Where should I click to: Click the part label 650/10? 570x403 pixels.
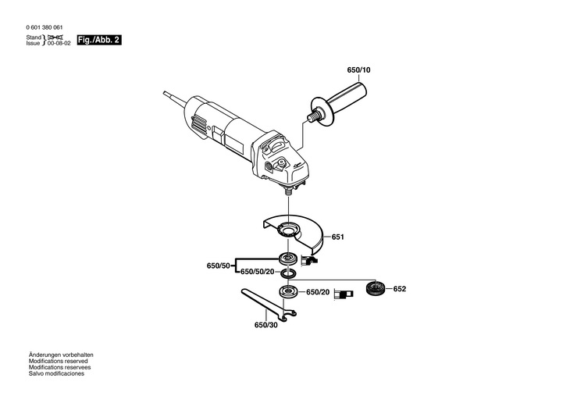click(x=358, y=70)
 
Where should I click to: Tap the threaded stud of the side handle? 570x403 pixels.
click(x=312, y=117)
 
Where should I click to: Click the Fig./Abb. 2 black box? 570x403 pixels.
click(x=99, y=40)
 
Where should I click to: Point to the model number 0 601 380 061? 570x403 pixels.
click(x=45, y=27)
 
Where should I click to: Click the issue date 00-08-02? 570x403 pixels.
click(x=59, y=43)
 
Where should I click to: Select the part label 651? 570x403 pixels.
click(x=338, y=237)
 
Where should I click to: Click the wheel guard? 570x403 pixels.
click(x=294, y=233)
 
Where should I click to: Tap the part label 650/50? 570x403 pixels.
click(x=218, y=266)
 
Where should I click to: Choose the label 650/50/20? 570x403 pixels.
click(x=258, y=272)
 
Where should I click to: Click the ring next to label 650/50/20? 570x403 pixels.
click(x=289, y=273)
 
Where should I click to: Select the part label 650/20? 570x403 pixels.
click(x=318, y=291)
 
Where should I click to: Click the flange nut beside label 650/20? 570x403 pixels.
click(x=289, y=291)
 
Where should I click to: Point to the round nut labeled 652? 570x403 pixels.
click(x=375, y=289)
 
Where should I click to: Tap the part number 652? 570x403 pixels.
click(x=400, y=289)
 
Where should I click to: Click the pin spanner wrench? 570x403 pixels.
click(x=269, y=304)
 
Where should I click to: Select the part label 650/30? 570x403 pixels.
click(x=265, y=325)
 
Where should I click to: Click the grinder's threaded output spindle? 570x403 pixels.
click(x=288, y=191)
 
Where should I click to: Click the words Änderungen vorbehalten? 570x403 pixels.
click(x=61, y=355)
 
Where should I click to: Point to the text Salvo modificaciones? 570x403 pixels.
click(x=56, y=373)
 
